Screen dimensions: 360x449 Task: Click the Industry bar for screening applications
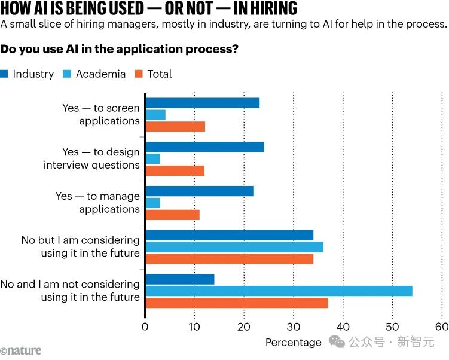click(x=202, y=103)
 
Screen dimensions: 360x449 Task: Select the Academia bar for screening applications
click(x=155, y=115)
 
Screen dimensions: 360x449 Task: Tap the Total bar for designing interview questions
click(x=175, y=171)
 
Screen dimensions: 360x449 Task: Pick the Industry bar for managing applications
click(x=199, y=191)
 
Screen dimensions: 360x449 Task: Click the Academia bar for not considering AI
click(x=279, y=291)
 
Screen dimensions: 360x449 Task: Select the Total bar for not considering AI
click(x=237, y=303)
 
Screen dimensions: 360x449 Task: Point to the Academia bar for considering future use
click(x=234, y=247)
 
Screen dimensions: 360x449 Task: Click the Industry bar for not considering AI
click(x=179, y=279)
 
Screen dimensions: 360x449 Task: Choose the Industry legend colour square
click(x=5, y=74)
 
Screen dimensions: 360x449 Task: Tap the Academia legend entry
click(x=96, y=74)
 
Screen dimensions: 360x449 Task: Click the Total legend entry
click(x=154, y=74)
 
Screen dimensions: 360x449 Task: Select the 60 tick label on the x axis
click(x=441, y=327)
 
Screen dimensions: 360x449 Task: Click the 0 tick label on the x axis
click(x=145, y=327)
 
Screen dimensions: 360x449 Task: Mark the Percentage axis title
click(x=293, y=343)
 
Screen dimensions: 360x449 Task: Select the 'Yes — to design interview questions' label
click(x=91, y=158)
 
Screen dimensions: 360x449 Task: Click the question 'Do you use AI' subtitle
click(x=120, y=49)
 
